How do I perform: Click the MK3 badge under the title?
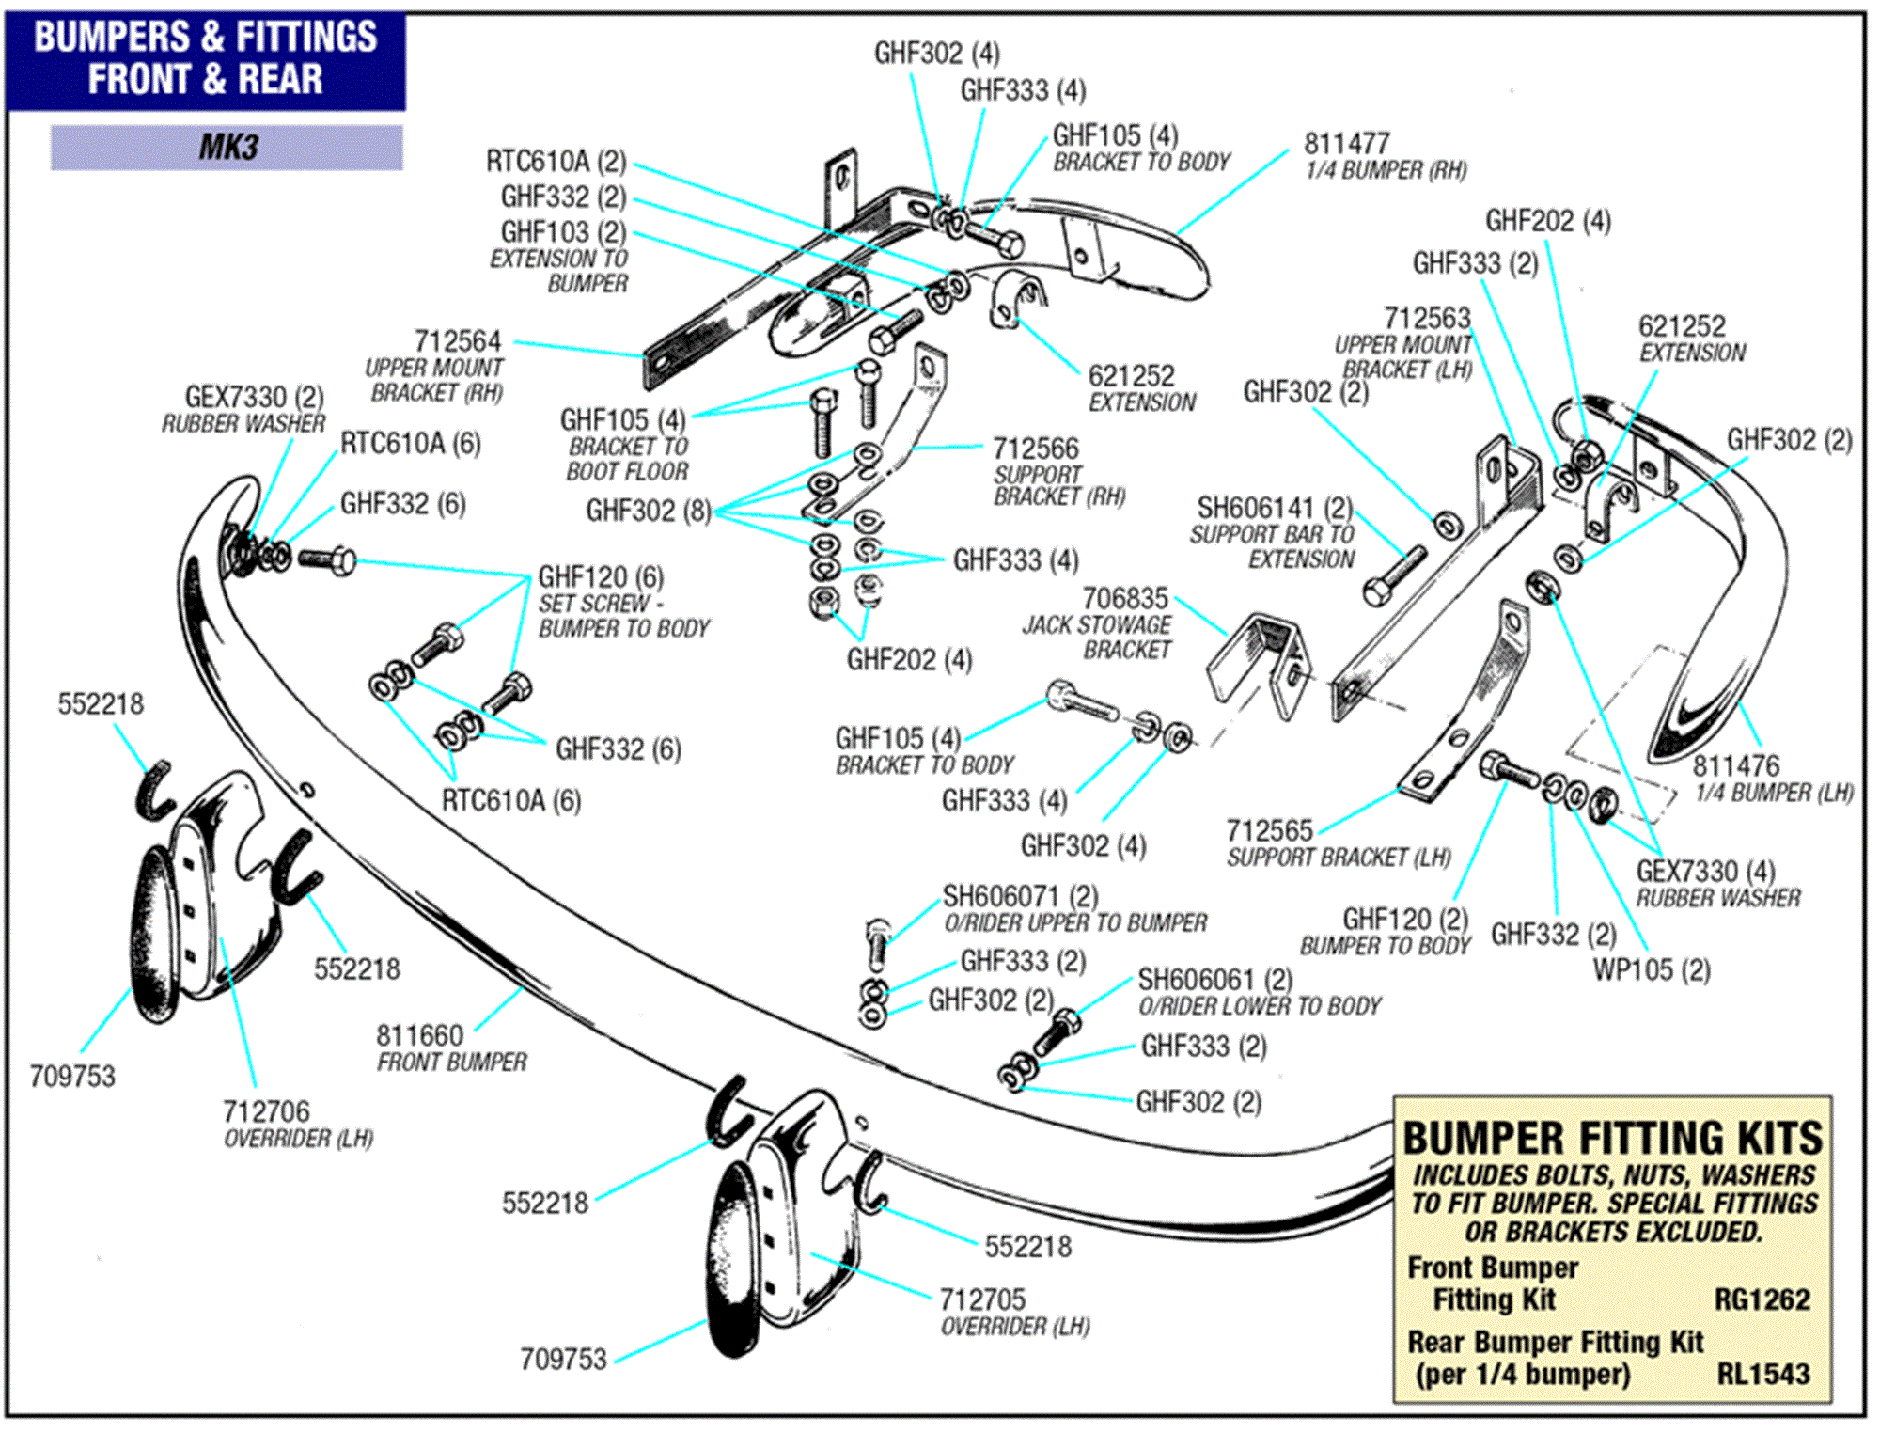click(x=227, y=148)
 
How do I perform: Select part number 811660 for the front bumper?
click(x=419, y=1035)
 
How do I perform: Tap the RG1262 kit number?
click(x=1761, y=1299)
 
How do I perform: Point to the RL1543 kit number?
click(x=1762, y=1374)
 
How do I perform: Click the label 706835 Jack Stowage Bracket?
click(x=1125, y=599)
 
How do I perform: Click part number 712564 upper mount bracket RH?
click(x=458, y=341)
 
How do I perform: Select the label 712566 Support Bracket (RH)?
click(x=1036, y=449)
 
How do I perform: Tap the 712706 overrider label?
click(x=266, y=1111)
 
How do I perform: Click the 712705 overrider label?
click(x=982, y=1299)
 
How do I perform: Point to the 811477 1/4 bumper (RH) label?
click(x=1346, y=144)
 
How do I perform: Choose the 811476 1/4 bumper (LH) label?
click(x=1735, y=765)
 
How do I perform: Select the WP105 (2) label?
click(x=1651, y=969)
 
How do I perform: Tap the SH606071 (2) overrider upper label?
click(x=1020, y=896)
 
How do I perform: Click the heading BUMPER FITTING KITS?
click(x=1611, y=1139)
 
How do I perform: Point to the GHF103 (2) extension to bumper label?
click(x=562, y=231)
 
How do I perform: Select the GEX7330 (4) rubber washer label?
click(x=1705, y=871)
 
